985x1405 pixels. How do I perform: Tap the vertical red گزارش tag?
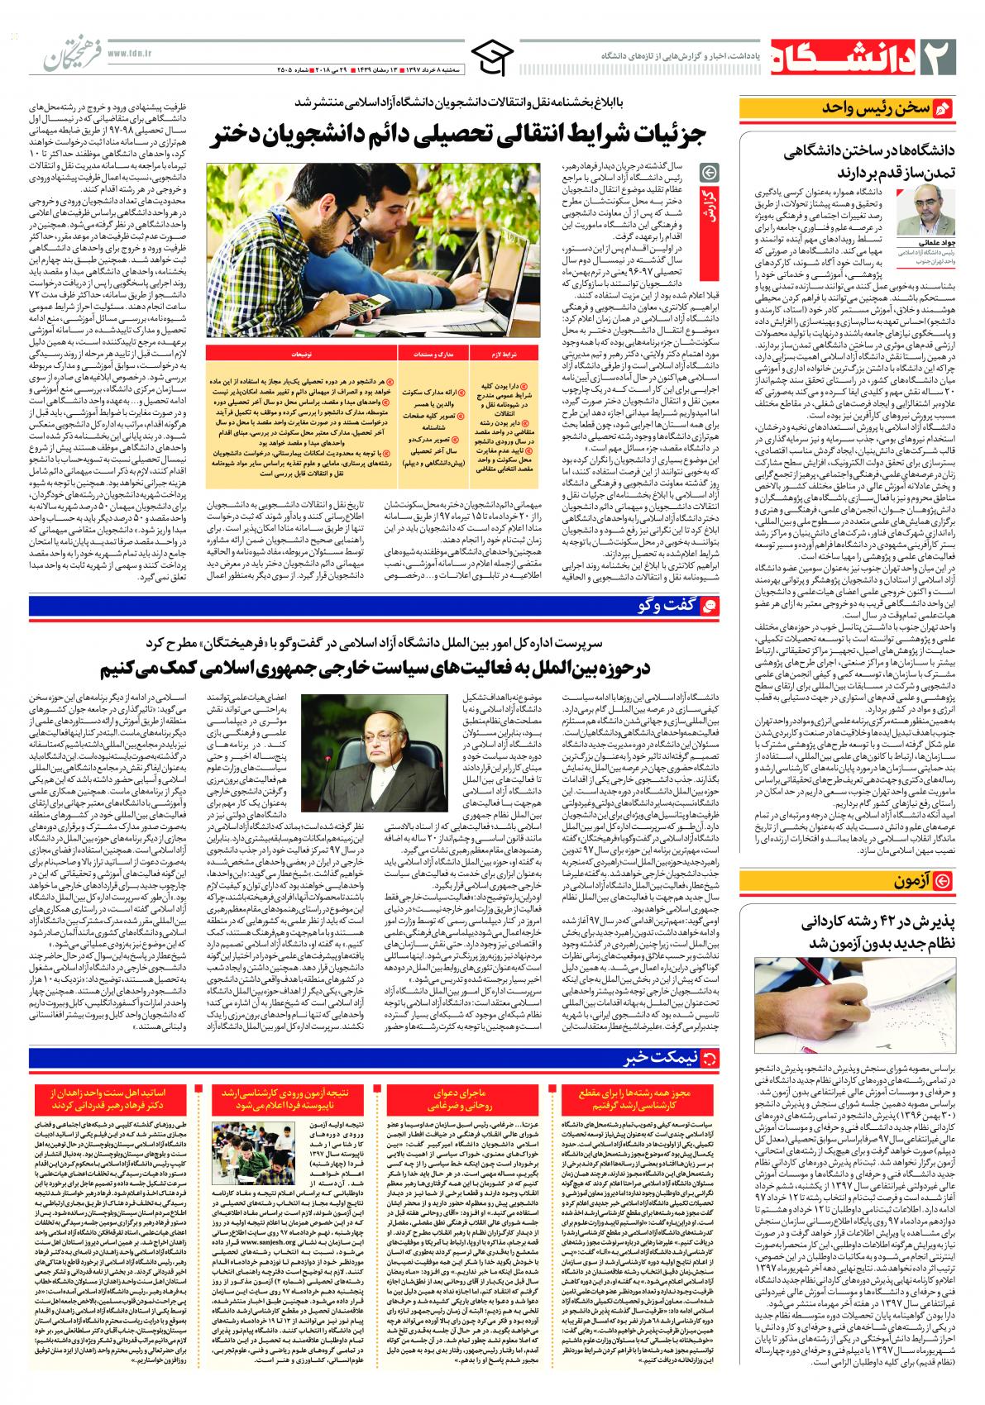click(x=710, y=215)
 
